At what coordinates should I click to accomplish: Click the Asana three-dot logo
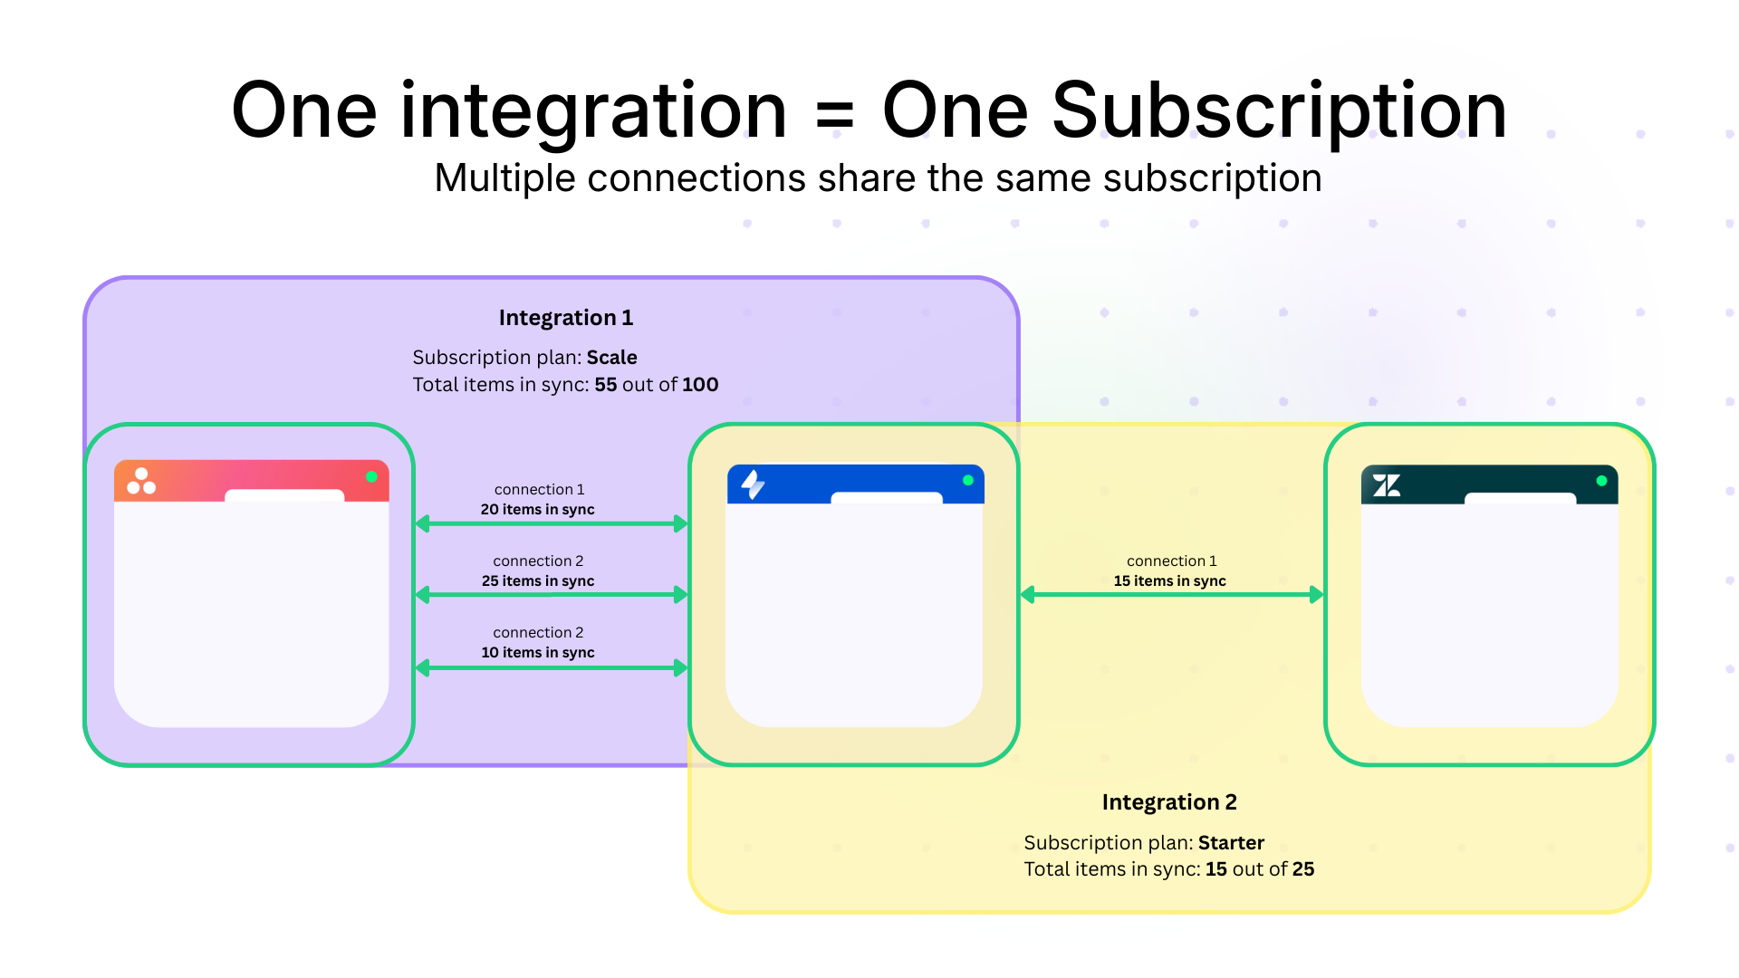pos(141,481)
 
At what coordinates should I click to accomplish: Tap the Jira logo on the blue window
pos(753,484)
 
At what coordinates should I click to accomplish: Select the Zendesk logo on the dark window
pos(1386,485)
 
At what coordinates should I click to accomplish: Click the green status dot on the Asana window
pos(371,476)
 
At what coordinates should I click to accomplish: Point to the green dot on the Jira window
pos(968,480)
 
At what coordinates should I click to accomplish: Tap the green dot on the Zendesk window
pos(1601,481)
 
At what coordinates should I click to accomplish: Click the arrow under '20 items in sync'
pos(551,523)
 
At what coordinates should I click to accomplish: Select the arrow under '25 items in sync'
pos(551,595)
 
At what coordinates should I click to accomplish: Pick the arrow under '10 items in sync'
pos(551,668)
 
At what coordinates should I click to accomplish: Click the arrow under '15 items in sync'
pos(1171,595)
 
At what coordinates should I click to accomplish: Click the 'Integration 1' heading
pos(565,318)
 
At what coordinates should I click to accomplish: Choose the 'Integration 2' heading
pos(1168,802)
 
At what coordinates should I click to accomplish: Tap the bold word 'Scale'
pos(611,358)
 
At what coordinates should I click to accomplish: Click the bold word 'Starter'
pos(1231,843)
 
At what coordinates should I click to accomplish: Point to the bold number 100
pos(700,385)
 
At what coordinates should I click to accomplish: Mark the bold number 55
pos(605,385)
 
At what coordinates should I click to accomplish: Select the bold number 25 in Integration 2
pos(1303,869)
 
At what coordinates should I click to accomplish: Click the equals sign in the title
pos(834,114)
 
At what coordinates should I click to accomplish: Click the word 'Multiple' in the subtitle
pos(504,178)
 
